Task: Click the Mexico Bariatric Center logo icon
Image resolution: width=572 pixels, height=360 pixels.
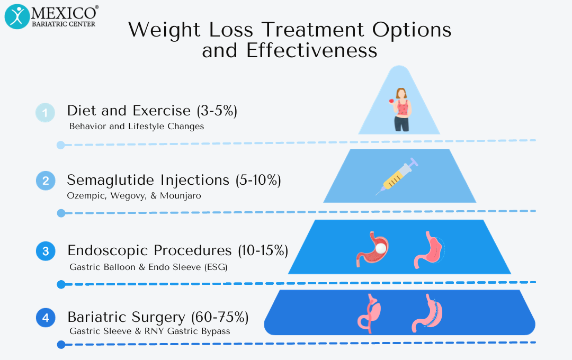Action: pos(17,16)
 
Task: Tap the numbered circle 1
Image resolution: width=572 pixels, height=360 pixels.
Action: pos(45,113)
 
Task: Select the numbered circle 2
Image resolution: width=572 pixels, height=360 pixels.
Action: pos(45,181)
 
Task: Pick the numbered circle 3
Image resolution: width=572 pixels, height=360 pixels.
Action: pos(46,251)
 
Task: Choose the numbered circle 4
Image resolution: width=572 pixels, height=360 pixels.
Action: pos(46,318)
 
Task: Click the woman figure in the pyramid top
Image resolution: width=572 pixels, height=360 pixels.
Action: pos(401,110)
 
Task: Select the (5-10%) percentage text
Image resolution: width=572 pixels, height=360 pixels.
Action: pos(258,180)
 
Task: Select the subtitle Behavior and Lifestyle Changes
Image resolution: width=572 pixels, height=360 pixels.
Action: pos(137,127)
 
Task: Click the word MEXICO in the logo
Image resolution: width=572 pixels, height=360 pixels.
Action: pos(65,12)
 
